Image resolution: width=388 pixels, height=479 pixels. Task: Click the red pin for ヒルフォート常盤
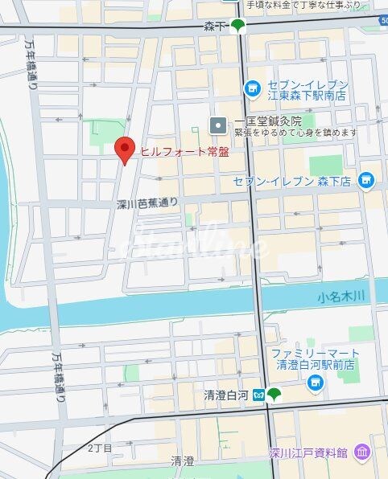coord(123,149)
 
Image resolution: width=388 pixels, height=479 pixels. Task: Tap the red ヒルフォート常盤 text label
coord(179,151)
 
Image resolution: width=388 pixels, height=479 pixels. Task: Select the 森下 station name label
coord(216,27)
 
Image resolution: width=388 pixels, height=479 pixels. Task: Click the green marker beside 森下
coord(238,26)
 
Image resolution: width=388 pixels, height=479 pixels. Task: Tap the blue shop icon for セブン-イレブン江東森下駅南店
coord(252,86)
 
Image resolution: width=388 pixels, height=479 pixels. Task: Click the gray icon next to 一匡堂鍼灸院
coord(217,125)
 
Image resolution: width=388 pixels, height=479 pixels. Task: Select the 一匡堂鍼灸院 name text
coord(267,121)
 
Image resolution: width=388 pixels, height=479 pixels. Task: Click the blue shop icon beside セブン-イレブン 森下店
coord(367,179)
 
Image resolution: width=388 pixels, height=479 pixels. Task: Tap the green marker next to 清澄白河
coord(274,394)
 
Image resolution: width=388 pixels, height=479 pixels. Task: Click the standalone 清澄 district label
coord(183,461)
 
